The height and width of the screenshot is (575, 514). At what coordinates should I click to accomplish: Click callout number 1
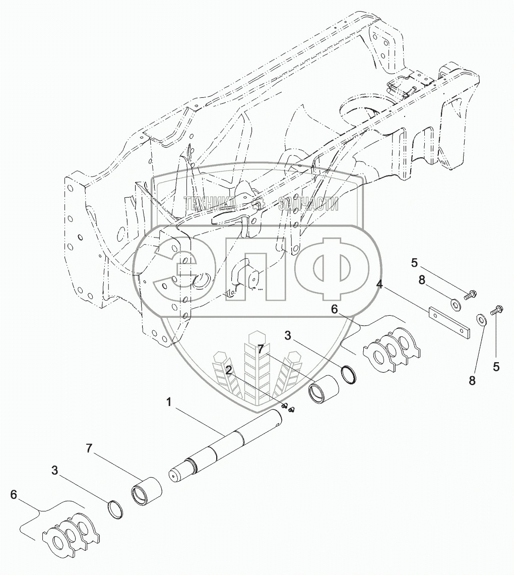click(169, 402)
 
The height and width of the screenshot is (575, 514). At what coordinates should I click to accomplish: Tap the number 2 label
click(229, 371)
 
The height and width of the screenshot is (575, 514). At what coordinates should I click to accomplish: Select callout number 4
click(380, 284)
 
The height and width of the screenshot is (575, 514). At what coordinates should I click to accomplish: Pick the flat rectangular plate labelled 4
click(450, 322)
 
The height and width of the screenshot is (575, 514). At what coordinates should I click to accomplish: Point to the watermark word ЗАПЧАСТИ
click(308, 204)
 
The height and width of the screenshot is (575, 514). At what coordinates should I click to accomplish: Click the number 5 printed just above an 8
click(414, 263)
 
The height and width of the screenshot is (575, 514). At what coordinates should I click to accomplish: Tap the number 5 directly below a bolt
click(496, 367)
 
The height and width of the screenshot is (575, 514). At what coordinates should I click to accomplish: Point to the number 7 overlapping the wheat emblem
click(261, 349)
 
